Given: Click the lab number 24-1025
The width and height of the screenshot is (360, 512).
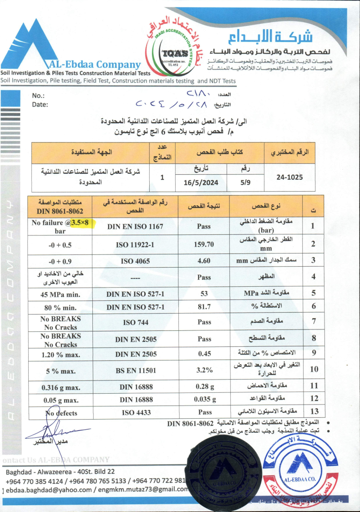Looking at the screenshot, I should click(x=290, y=178).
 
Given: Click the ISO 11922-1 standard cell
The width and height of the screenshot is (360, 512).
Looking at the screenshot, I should click(x=135, y=244).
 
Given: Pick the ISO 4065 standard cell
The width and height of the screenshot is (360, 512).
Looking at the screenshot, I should click(x=135, y=261).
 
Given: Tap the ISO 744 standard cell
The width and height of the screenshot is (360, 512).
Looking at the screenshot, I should click(x=135, y=323).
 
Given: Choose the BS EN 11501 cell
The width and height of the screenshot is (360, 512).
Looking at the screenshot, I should click(x=135, y=371).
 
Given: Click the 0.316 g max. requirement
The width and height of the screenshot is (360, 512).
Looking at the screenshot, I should click(x=60, y=387).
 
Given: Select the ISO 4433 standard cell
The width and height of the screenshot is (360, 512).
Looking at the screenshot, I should click(x=135, y=413).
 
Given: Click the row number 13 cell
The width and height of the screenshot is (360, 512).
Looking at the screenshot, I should click(x=314, y=413).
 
